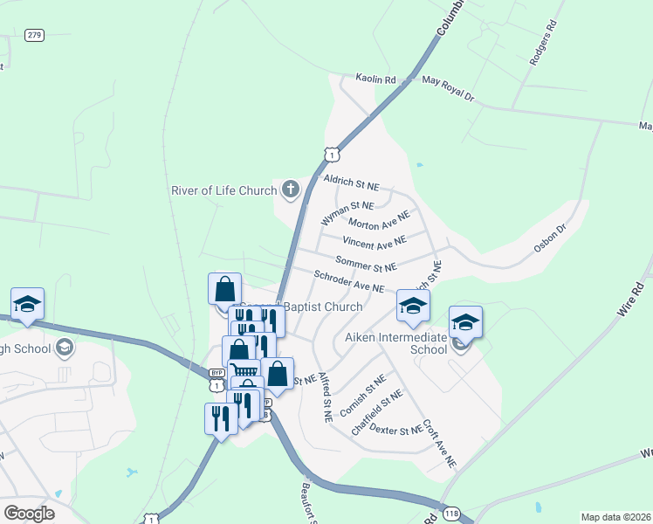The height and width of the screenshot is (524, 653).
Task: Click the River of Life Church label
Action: point(223,190)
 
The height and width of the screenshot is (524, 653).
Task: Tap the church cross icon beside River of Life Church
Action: point(290,189)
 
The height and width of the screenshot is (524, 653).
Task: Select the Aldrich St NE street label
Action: point(351,182)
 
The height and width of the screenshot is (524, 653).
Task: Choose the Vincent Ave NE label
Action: point(375,241)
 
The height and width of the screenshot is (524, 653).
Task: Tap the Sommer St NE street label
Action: point(366,264)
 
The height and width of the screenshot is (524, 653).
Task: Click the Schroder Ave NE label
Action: point(349,281)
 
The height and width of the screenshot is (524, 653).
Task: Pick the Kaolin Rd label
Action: point(375,79)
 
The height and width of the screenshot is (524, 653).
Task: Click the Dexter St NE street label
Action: point(395,431)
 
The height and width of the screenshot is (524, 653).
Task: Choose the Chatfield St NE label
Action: point(376,412)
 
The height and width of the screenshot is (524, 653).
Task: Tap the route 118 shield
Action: point(450,514)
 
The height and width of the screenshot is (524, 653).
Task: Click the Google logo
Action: point(29,513)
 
